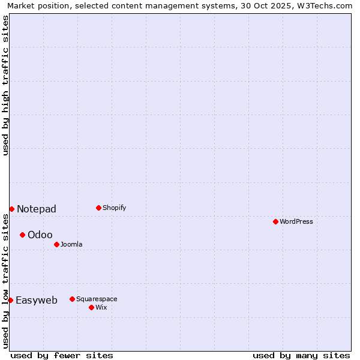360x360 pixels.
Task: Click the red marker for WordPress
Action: [275, 221]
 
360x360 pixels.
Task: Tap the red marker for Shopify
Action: [98, 208]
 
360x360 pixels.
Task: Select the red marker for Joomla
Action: [56, 244]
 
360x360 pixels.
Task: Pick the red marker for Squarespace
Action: [72, 299]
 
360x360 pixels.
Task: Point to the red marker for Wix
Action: [91, 307]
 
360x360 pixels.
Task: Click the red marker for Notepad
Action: [11, 209]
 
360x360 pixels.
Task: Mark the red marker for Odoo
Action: [22, 235]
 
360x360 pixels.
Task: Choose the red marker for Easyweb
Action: [10, 300]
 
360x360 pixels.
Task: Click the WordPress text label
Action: [296, 221]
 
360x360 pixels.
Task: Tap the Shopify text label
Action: [114, 208]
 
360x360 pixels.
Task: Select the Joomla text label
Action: [71, 244]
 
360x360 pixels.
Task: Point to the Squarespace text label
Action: [97, 299]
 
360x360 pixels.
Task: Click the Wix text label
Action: [101, 307]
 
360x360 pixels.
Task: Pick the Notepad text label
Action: [37, 209]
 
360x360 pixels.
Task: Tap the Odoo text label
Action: [40, 235]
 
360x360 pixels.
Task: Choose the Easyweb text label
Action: [37, 300]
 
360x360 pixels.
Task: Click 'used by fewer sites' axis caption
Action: [62, 355]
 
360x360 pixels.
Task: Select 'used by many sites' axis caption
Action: [301, 355]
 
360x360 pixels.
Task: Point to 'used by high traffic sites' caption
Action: [5, 85]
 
